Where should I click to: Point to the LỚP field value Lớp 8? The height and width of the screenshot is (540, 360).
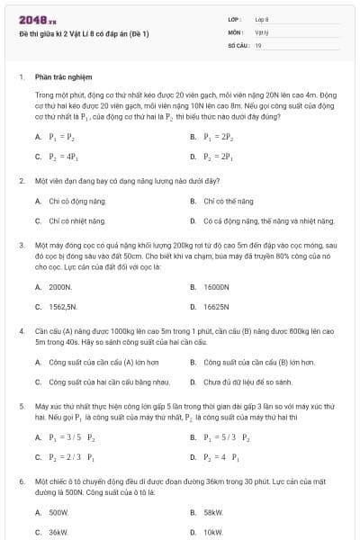(262, 18)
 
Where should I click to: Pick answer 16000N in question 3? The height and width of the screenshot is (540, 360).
(216, 287)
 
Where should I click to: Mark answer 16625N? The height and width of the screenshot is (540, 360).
(216, 306)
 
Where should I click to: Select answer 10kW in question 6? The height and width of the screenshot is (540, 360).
(213, 532)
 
